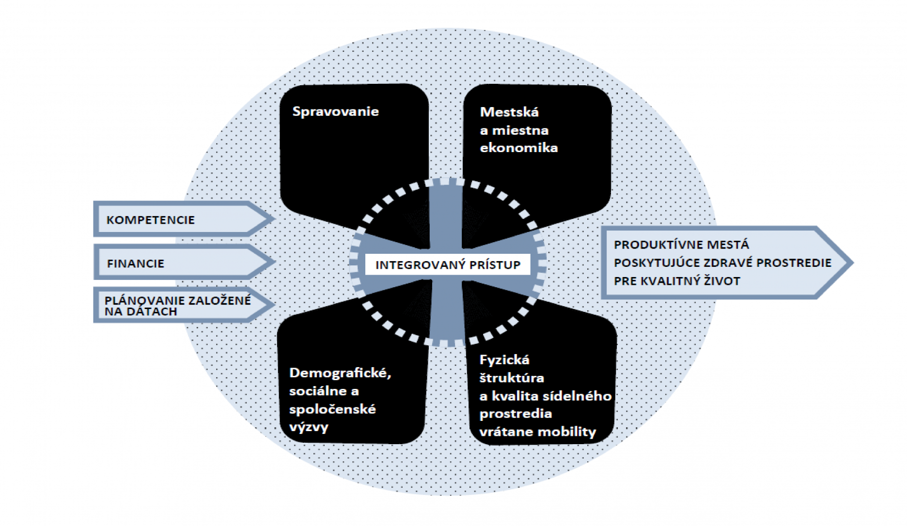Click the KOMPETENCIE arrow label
click(x=151, y=220)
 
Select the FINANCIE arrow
click(x=136, y=263)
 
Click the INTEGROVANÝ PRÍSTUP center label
click(x=448, y=265)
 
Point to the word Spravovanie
click(x=335, y=111)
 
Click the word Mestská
click(x=509, y=112)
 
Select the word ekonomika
click(x=518, y=148)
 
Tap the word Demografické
click(x=340, y=373)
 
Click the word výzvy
click(x=309, y=427)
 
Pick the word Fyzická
click(x=504, y=360)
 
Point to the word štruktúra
click(x=512, y=378)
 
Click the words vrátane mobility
click(x=538, y=432)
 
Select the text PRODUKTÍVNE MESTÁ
click(x=681, y=245)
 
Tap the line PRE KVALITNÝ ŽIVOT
click(x=677, y=281)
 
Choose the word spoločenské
click(x=332, y=409)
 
